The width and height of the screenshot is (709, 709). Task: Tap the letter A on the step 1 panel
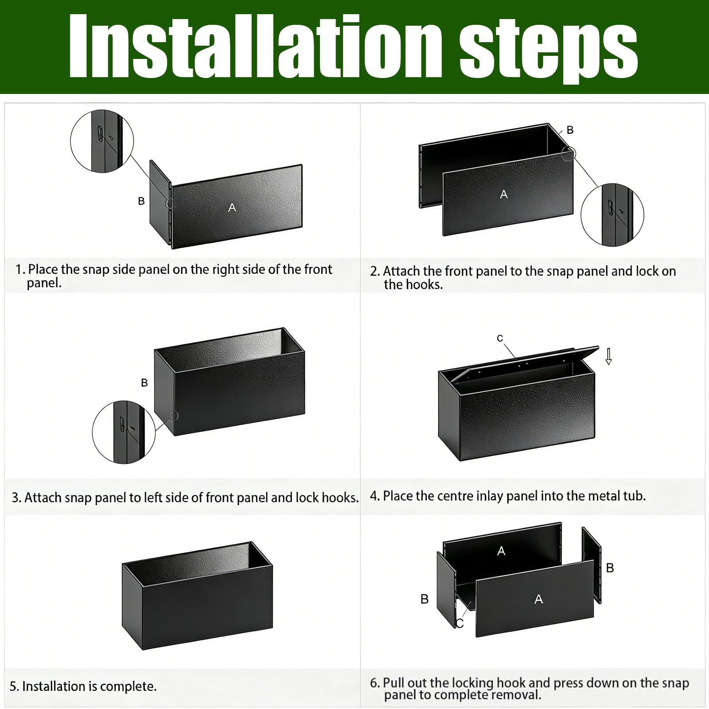(x=232, y=207)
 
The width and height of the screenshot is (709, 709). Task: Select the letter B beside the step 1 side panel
(x=141, y=201)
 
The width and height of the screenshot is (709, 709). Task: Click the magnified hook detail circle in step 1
(x=102, y=141)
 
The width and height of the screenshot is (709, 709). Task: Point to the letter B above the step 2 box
(x=570, y=130)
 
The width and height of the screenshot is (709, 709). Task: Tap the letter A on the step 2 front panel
(x=503, y=194)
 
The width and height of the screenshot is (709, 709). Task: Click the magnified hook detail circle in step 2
(x=612, y=215)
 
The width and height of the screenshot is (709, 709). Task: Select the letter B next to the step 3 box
(x=144, y=382)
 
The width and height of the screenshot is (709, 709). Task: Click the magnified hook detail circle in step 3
(x=124, y=432)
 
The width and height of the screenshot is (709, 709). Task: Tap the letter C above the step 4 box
(x=500, y=339)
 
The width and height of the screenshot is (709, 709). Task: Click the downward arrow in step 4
(x=608, y=356)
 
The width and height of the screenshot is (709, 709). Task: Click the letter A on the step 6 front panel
(x=538, y=599)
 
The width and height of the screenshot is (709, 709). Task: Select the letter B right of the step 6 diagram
(x=610, y=568)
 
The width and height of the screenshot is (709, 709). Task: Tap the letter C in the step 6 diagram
(x=460, y=623)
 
